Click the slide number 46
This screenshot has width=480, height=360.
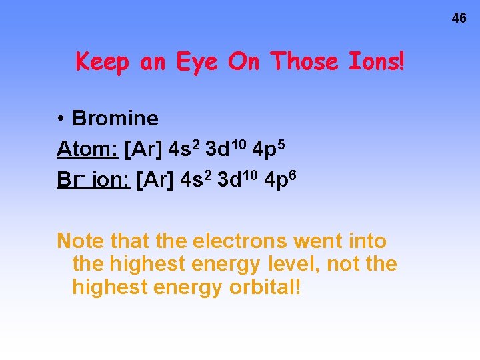point(459,19)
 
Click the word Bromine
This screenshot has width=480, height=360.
point(115,119)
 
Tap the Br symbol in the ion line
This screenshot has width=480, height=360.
point(67,181)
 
